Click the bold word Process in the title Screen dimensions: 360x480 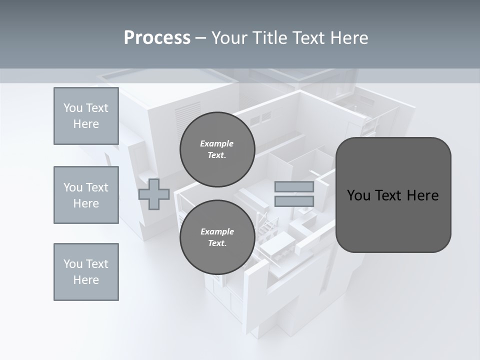click(157, 38)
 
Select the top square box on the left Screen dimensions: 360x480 click(86, 116)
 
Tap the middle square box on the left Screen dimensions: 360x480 click(86, 195)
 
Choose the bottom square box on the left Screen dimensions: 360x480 click(86, 272)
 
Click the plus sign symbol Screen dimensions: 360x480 click(154, 194)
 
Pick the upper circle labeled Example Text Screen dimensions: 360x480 click(217, 149)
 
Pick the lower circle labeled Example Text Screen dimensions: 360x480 click(217, 237)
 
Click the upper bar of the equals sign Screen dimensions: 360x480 click(294, 187)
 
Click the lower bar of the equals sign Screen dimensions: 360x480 click(294, 201)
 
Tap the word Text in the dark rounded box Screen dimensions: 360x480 click(393, 195)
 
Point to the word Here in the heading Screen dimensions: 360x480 click(349, 38)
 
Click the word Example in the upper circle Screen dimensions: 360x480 click(217, 143)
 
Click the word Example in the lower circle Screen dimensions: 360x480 click(217, 231)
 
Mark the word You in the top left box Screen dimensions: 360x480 click(72, 108)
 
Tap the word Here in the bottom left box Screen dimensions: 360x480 click(86, 280)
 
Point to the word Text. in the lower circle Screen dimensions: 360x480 click(217, 243)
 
